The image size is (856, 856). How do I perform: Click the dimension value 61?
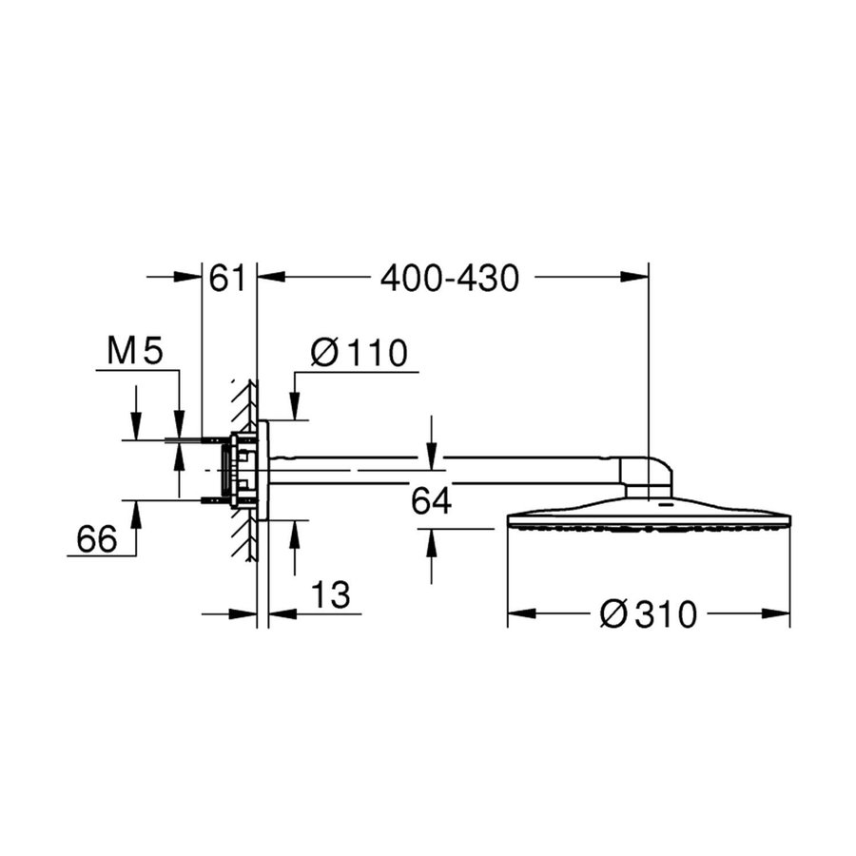tap(228, 278)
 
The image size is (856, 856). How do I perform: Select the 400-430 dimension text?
tap(449, 278)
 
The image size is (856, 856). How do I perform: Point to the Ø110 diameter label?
tap(359, 353)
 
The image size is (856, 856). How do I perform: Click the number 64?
tap(431, 502)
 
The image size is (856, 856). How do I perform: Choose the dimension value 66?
tap(96, 539)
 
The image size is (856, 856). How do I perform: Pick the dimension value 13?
tap(330, 596)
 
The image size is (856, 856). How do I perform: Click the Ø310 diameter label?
tap(649, 615)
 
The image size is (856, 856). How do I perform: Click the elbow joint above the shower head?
tap(647, 477)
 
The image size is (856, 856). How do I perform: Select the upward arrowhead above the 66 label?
tap(136, 511)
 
